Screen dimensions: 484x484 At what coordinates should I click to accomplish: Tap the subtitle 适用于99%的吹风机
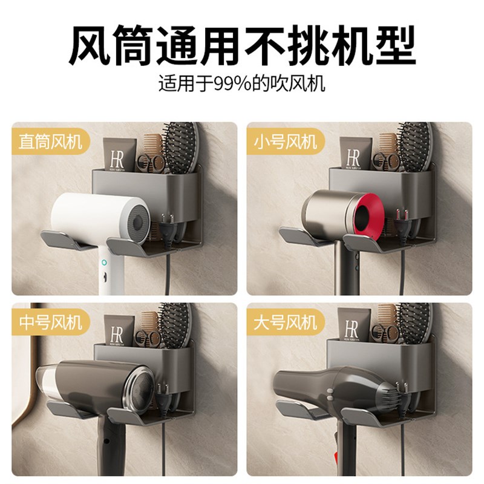pyautogui.click(x=242, y=83)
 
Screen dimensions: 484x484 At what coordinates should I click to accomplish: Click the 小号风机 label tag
pyautogui.click(x=286, y=142)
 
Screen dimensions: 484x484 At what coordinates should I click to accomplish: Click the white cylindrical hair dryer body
pyautogui.click(x=91, y=215)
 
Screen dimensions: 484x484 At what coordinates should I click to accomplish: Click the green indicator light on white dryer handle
pyautogui.click(x=104, y=263)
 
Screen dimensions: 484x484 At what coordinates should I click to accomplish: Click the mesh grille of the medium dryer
pyautogui.click(x=143, y=390)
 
